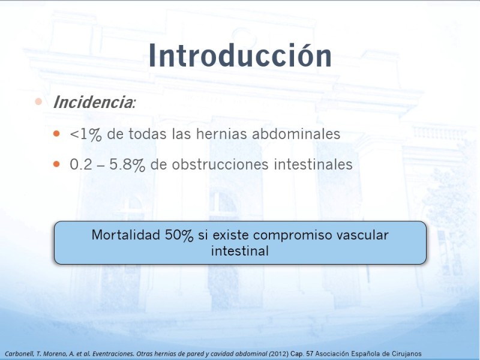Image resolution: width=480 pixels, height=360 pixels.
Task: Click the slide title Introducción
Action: click(x=241, y=55)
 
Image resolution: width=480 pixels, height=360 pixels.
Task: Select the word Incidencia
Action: click(x=93, y=102)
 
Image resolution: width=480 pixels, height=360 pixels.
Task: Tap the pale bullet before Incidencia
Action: click(x=38, y=101)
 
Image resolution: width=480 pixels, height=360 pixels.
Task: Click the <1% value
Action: click(x=86, y=134)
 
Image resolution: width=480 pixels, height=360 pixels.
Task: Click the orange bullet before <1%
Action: click(x=56, y=133)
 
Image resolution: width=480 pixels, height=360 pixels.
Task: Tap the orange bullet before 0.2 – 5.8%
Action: click(x=56, y=164)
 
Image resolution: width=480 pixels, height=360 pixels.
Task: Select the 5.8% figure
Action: click(x=127, y=164)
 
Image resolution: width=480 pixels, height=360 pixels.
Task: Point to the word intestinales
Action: click(x=313, y=164)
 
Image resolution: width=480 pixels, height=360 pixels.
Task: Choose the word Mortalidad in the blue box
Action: click(x=126, y=235)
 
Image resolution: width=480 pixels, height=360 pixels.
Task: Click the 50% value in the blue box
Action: click(x=179, y=235)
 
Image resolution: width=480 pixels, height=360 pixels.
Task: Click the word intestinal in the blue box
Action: click(x=240, y=251)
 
